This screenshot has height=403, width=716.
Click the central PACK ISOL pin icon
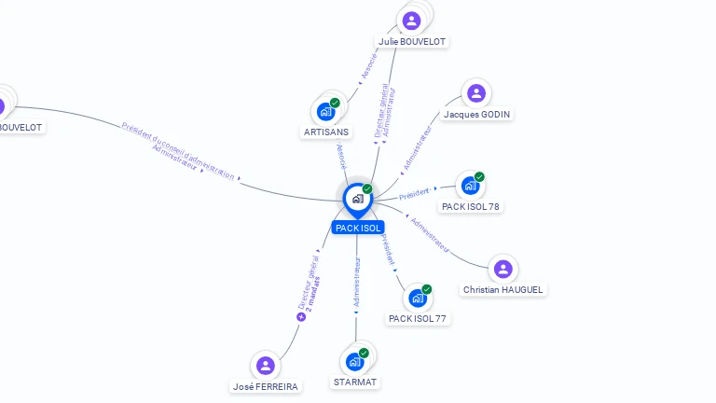357,199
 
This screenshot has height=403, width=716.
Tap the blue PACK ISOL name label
358,228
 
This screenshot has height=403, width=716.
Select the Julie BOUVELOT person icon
411,21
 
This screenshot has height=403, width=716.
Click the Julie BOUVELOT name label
411,41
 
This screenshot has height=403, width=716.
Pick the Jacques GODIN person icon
476,93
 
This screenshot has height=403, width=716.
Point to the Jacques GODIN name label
476,114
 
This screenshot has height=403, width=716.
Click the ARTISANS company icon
326,112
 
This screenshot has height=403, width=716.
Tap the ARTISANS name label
326,132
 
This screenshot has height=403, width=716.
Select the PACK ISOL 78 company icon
470,186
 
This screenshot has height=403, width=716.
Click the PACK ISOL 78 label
471,206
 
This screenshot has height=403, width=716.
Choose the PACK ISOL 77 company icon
418,299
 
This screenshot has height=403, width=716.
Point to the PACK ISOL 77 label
418,319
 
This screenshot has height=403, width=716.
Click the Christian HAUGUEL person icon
503,270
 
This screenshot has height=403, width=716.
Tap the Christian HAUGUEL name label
503,290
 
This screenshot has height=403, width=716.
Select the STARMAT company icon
355,362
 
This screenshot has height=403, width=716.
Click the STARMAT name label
355,382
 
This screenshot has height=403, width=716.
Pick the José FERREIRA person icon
266,366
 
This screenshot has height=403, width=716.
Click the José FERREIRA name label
266,386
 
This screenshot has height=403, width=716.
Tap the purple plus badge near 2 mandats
301,317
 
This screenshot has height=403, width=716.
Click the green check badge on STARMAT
364,354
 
